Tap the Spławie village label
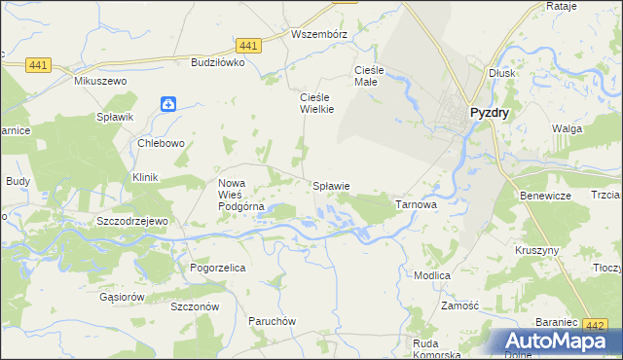[x=330, y=185]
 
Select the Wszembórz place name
[x=319, y=33]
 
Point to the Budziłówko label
[x=217, y=61]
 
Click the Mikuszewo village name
[x=101, y=81]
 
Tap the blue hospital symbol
[x=168, y=103]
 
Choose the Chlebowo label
[x=162, y=143]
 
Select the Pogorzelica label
[x=217, y=266]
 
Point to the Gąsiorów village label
[x=122, y=296]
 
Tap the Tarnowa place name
[x=416, y=205]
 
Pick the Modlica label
[x=431, y=275]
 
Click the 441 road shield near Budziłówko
[x=248, y=46]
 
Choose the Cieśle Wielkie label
[x=315, y=103]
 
